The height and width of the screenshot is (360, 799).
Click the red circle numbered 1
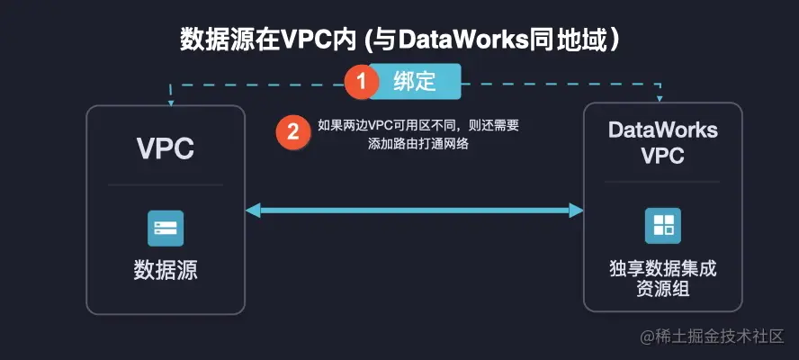[x=362, y=81]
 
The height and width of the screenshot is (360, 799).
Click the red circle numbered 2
[x=292, y=133]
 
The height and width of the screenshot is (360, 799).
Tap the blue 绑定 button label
[x=415, y=81]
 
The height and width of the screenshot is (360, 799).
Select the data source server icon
[x=166, y=229]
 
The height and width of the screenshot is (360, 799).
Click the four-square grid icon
[x=662, y=225]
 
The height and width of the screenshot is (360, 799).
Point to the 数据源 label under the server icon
[x=166, y=270]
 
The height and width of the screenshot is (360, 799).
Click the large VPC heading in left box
[x=166, y=148]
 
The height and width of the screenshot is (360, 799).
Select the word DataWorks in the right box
[x=662, y=130]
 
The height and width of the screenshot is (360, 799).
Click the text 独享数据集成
[x=662, y=268]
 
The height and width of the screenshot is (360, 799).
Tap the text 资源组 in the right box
[x=662, y=288]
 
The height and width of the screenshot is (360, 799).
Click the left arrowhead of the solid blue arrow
[x=253, y=211]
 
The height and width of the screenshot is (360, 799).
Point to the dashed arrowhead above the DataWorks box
[x=662, y=98]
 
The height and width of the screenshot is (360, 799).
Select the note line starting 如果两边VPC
[x=418, y=126]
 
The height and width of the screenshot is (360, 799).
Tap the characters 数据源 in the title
[x=211, y=40]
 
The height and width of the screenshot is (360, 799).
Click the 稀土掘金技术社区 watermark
[x=716, y=337]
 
